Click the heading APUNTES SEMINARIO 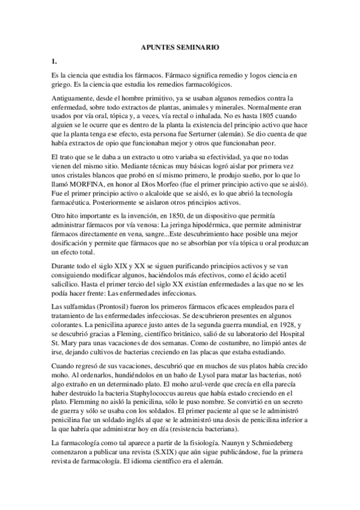click(180, 46)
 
